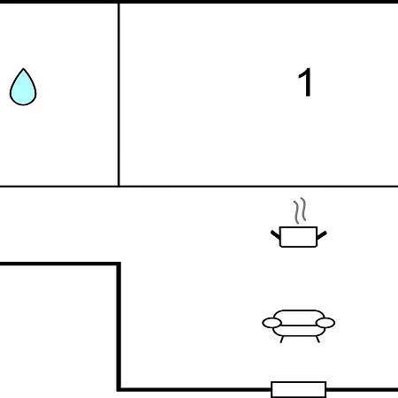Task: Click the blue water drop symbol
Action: [x=23, y=88]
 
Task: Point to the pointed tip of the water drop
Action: [x=23, y=69]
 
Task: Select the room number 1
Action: [x=305, y=82]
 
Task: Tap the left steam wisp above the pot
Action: [x=296, y=212]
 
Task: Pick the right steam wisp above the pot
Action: [x=303, y=210]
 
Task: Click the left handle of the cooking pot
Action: [x=275, y=234]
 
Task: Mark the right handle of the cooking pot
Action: [x=322, y=235]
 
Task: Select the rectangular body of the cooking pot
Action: [x=298, y=237]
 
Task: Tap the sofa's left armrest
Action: [x=272, y=323]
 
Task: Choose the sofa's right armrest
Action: [x=325, y=323]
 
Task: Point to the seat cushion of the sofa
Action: [x=299, y=331]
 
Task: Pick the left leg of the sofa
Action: [x=281, y=340]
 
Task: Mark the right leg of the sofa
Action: [x=318, y=340]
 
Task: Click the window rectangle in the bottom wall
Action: [x=299, y=389]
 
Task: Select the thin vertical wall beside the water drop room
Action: [x=119, y=95]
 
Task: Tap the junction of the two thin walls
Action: [x=119, y=187]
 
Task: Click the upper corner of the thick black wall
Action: [x=119, y=264]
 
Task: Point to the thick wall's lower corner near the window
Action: [x=119, y=390]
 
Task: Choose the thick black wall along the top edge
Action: [x=199, y=2]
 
